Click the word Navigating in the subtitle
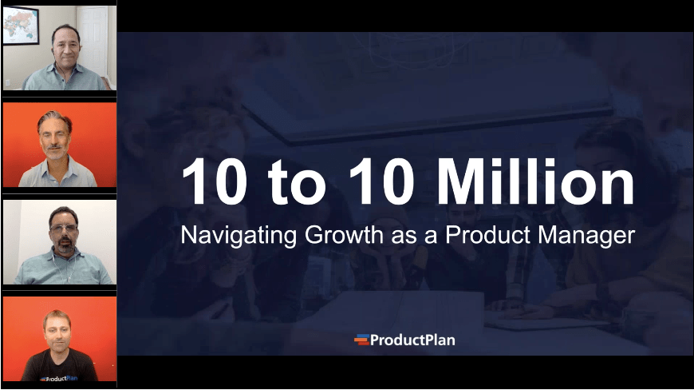coord(226,236)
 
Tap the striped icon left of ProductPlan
coord(361,340)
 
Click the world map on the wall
coord(20,25)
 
